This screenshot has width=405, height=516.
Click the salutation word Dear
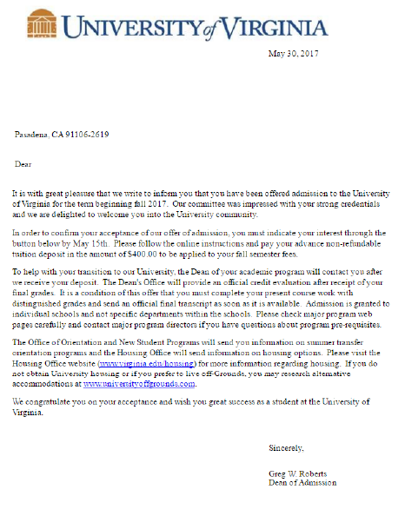(23, 163)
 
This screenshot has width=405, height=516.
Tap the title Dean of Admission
(302, 482)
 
